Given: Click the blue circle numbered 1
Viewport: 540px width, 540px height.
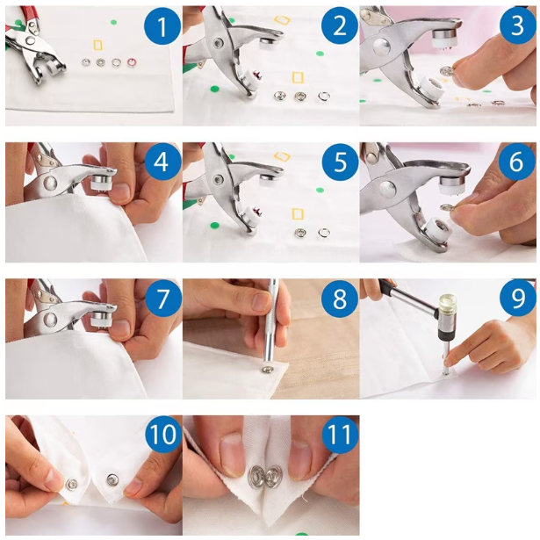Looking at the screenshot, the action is [x=162, y=26].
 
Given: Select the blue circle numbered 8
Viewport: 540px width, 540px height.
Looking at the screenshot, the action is [x=340, y=299].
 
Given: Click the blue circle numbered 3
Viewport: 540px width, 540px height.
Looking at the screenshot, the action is [x=517, y=25].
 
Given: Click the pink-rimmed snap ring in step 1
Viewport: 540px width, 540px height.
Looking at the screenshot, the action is [x=131, y=62].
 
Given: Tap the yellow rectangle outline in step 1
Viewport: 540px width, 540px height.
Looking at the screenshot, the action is [x=98, y=46].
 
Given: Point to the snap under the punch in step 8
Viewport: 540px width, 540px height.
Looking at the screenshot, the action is [x=266, y=371].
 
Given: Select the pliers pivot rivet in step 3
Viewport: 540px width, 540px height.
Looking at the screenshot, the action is [x=381, y=47].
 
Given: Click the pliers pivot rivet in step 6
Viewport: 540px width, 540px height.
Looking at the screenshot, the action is [x=387, y=190].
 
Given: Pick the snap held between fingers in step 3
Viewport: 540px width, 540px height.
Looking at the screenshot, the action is [x=445, y=71].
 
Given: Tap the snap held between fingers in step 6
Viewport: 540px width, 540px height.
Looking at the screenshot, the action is [x=448, y=207].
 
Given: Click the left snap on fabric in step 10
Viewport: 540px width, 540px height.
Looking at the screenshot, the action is [x=72, y=483].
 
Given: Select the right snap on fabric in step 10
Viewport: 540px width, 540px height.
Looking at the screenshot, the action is [x=112, y=479].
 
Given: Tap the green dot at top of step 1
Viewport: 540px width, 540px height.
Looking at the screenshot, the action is [x=113, y=22].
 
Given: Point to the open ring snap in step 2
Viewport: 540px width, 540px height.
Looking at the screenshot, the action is [x=324, y=97].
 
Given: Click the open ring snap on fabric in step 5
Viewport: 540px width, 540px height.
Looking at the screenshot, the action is [x=324, y=233].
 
